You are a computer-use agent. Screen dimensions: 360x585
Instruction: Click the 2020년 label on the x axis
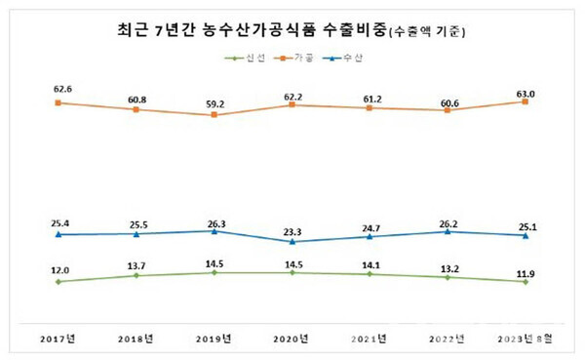pos(292,339)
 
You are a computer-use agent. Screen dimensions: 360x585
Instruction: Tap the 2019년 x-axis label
pos(214,339)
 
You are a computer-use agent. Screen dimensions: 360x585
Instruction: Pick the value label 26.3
pos(214,220)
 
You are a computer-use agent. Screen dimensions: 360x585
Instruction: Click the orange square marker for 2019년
pos(214,115)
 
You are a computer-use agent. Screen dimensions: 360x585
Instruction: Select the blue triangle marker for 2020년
pos(292,241)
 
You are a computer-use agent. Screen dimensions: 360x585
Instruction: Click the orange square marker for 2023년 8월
pos(526,101)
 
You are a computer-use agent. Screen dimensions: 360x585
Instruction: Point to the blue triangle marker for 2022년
pos(448,231)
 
